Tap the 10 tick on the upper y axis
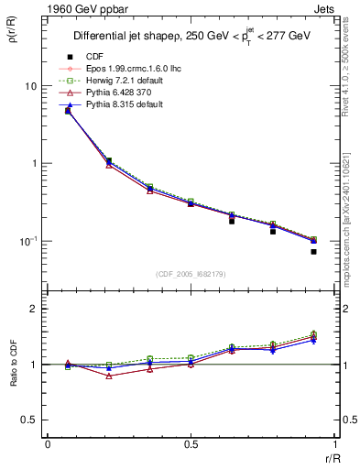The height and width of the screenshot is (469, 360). point(29,86)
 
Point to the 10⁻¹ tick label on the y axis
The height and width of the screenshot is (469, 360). point(27,241)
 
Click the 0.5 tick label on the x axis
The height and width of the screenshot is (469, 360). point(191,444)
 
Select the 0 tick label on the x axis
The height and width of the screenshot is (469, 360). point(48,444)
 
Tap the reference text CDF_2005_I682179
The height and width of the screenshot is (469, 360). point(191,274)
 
